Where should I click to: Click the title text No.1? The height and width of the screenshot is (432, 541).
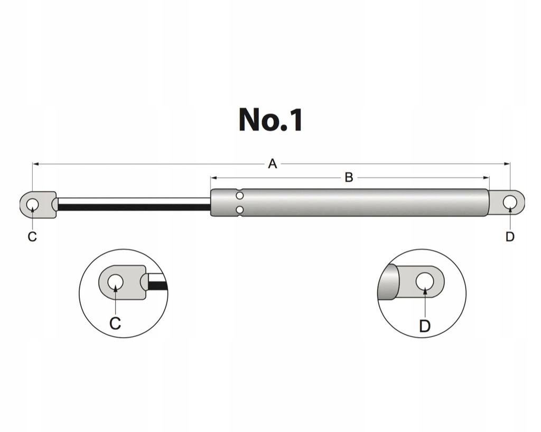(270, 120)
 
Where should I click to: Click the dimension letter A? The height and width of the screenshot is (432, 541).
(272, 164)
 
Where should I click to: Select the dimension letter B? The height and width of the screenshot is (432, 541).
(349, 178)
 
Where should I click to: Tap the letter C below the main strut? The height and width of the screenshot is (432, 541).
(32, 237)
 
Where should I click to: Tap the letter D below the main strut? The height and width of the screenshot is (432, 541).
(509, 237)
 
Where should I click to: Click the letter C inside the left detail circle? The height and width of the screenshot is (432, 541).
(115, 322)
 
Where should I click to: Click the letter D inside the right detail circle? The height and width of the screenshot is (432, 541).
(425, 326)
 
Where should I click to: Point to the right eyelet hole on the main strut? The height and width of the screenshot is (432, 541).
(510, 202)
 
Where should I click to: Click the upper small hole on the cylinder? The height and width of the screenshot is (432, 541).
(240, 196)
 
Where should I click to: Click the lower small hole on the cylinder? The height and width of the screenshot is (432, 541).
(240, 210)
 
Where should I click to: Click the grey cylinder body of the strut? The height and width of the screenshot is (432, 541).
(365, 203)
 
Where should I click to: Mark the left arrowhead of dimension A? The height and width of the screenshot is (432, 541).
(35, 164)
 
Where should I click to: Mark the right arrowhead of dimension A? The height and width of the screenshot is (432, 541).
(508, 164)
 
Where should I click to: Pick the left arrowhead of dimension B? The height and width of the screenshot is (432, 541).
(213, 178)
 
